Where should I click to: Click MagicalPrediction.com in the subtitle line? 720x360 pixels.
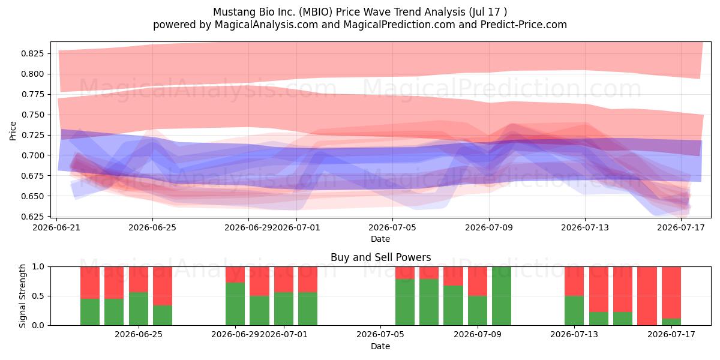pyautogui.click(x=399, y=25)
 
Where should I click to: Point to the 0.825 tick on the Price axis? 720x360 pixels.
pyautogui.click(x=32, y=53)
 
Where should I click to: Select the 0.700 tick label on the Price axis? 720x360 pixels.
pyautogui.click(x=32, y=155)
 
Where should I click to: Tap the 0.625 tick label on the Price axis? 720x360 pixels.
pyautogui.click(x=32, y=217)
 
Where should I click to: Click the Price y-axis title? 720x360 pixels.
pyautogui.click(x=13, y=131)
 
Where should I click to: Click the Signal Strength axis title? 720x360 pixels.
pyautogui.click(x=22, y=296)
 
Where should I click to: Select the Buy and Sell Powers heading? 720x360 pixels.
pyautogui.click(x=380, y=257)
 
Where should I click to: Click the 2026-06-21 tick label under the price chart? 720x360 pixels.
pyautogui.click(x=56, y=227)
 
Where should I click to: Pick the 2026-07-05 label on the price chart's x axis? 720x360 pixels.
pyautogui.click(x=392, y=227)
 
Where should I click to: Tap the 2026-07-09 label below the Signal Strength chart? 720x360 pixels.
pyautogui.click(x=478, y=335)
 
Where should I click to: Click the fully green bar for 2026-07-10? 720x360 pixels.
pyautogui.click(x=502, y=296)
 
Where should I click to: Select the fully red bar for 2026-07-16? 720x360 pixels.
pyautogui.click(x=647, y=296)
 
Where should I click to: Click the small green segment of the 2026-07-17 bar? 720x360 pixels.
pyautogui.click(x=671, y=322)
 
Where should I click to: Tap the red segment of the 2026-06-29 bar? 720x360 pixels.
pyautogui.click(x=235, y=275)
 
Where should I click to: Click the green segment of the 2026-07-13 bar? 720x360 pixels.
pyautogui.click(x=574, y=311)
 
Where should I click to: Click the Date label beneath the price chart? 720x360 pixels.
pyautogui.click(x=380, y=239)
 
